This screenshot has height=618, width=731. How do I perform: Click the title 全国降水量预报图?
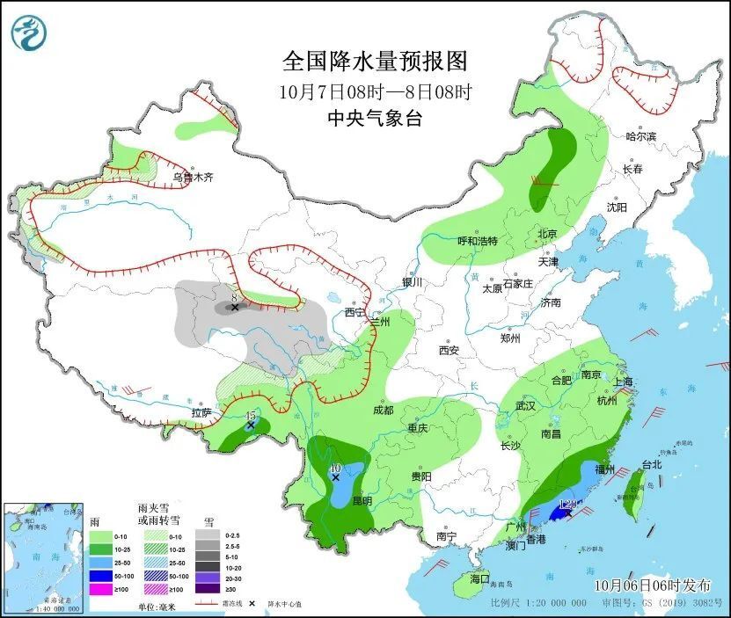375,62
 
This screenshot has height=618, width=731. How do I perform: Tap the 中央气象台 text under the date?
375,119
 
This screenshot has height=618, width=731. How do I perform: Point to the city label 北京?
547,234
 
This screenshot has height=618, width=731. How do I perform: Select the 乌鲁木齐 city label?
193,177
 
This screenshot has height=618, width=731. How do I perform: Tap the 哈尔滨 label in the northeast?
640,136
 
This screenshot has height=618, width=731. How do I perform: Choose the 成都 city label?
383,410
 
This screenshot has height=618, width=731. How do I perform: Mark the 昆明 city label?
362,501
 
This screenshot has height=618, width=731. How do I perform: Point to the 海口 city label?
479,579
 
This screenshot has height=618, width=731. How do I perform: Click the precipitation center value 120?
567,505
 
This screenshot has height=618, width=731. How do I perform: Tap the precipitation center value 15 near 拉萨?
250,415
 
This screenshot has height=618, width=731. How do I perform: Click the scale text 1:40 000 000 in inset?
44,609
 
